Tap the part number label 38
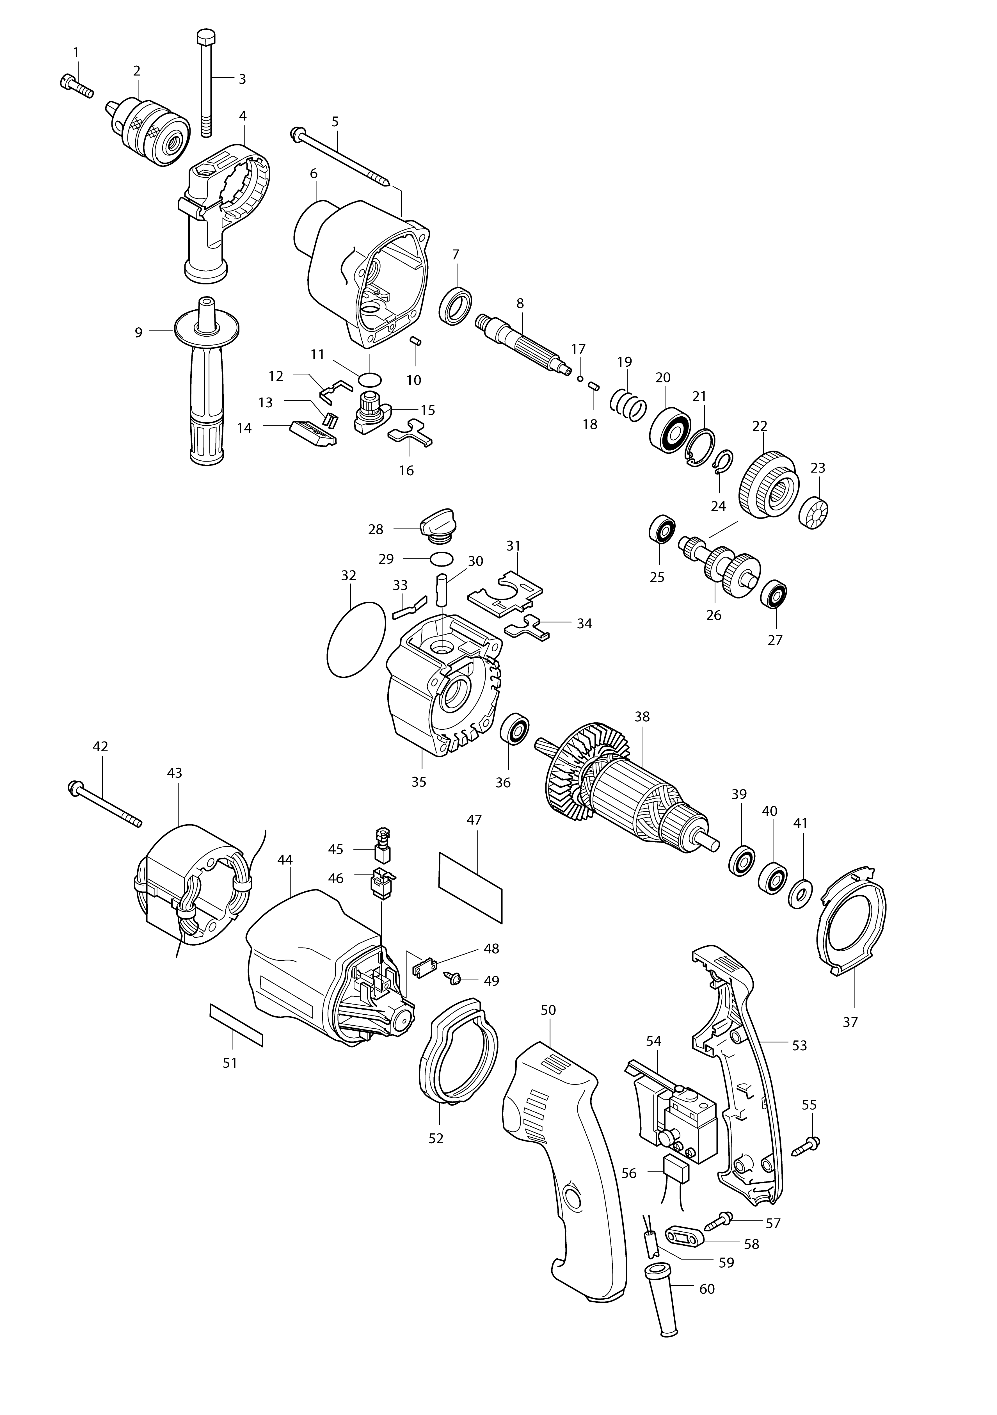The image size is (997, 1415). [x=642, y=717]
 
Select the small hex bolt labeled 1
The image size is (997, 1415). [x=76, y=86]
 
